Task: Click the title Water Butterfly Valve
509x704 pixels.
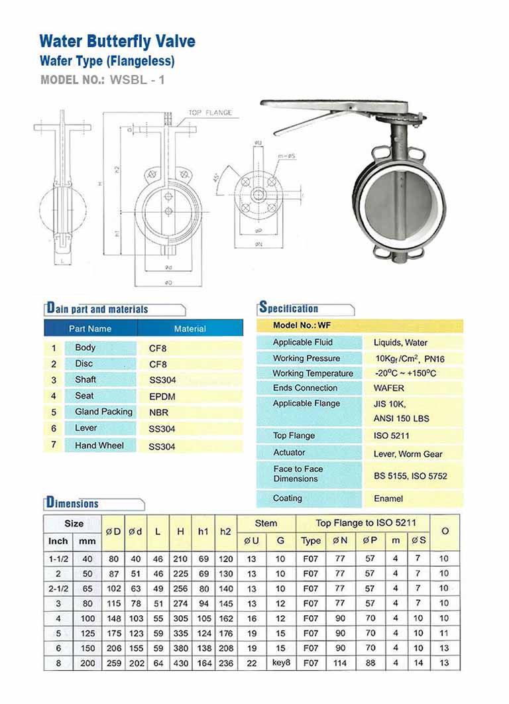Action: (x=117, y=41)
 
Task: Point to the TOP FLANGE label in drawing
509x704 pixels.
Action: (x=210, y=113)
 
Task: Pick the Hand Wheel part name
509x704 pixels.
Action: (x=99, y=445)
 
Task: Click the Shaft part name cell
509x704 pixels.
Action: (x=85, y=380)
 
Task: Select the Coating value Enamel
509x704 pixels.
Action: (x=388, y=499)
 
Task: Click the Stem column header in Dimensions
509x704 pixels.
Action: (x=266, y=523)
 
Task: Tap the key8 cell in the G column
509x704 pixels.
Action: (x=280, y=663)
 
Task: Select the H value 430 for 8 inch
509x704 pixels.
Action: (x=181, y=663)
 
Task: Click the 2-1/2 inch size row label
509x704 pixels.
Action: (x=58, y=588)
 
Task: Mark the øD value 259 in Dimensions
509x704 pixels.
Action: (x=113, y=663)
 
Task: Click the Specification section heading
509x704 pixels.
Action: (x=288, y=308)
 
